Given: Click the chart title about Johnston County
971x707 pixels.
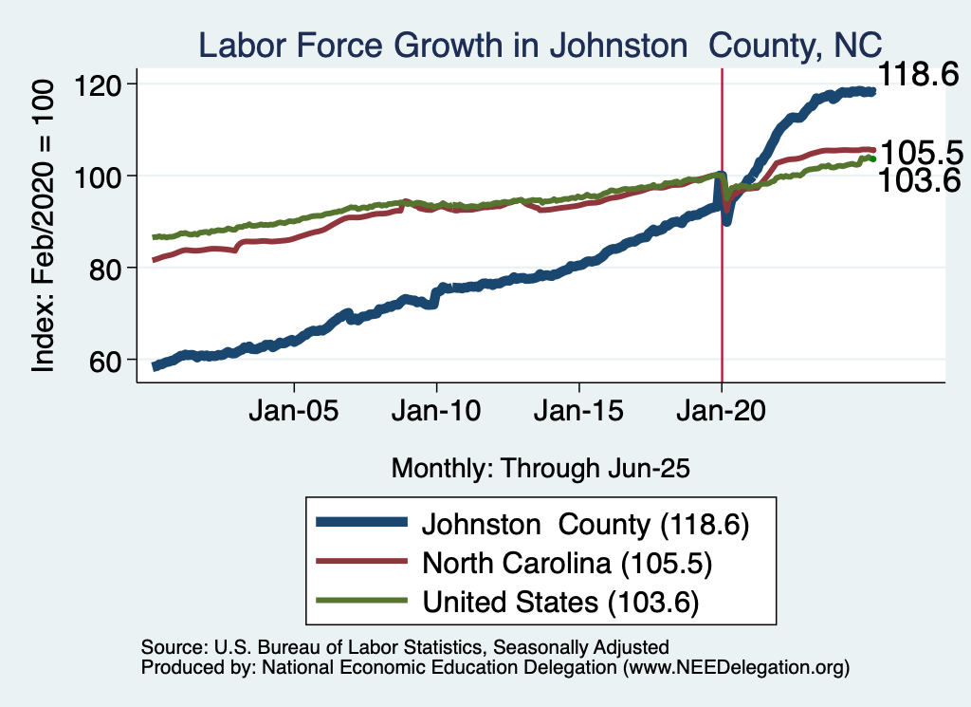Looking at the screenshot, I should (x=540, y=44).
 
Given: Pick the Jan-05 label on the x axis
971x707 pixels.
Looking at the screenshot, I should (x=294, y=414).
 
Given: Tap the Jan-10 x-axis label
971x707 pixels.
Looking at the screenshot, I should (x=436, y=414).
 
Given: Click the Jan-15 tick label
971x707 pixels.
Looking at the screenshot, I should (x=578, y=414).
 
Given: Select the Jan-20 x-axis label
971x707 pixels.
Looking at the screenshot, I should (x=722, y=414).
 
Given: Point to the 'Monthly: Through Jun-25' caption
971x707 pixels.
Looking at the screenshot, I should (x=540, y=468).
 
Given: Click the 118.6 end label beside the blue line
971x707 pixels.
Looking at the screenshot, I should (x=919, y=74).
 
